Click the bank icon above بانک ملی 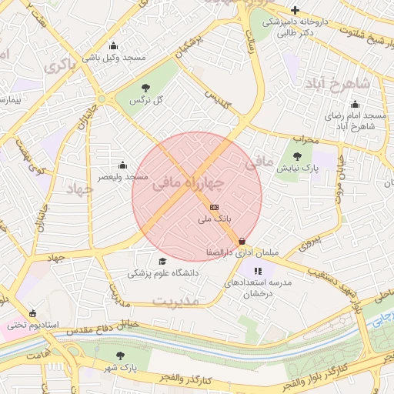[213, 208]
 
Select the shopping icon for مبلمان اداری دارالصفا [243, 241]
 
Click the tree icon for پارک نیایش [297, 155]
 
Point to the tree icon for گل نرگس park [146, 88]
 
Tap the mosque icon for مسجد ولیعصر [122, 165]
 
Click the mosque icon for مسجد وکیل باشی [115, 45]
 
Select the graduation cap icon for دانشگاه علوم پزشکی [161, 261]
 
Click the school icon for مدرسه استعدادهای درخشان [258, 271]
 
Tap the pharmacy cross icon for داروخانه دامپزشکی [295, 10]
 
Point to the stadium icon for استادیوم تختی [32, 312]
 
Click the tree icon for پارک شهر [119, 356]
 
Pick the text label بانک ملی [214, 220]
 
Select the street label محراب [305, 139]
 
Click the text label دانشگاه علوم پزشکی [162, 273]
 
